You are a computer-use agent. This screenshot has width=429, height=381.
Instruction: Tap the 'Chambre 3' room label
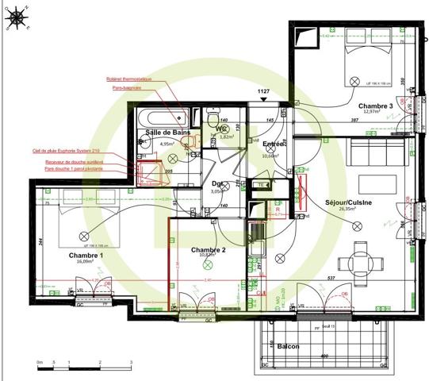[375, 106]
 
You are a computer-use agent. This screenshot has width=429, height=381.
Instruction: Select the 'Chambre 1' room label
[86, 256]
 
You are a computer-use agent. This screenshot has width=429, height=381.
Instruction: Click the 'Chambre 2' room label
[208, 250]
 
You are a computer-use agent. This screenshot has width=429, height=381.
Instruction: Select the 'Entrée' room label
[274, 144]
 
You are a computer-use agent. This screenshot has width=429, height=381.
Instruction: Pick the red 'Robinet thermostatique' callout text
[132, 80]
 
